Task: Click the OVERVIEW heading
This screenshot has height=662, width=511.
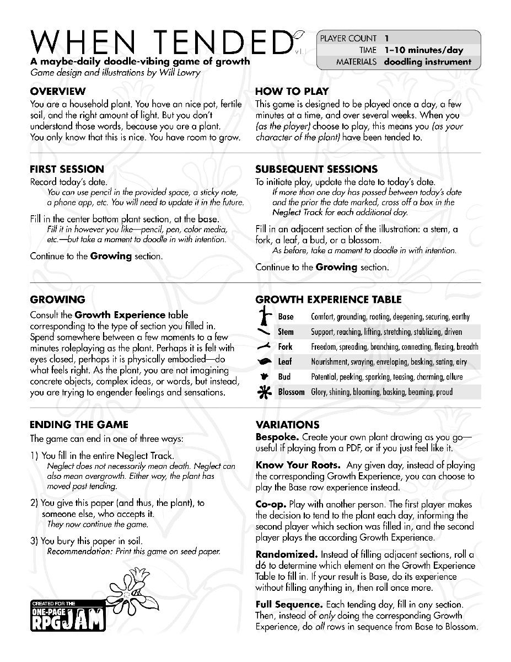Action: click(58, 91)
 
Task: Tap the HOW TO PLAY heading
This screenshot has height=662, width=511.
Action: click(292, 91)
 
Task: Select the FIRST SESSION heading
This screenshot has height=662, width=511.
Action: click(67, 169)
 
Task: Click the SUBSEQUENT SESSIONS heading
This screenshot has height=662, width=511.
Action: click(316, 169)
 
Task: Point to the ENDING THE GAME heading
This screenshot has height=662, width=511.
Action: click(79, 424)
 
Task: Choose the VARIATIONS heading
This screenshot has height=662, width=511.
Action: click(287, 425)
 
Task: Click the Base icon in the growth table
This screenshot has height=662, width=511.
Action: click(266, 316)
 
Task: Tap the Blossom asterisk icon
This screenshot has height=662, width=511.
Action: click(265, 392)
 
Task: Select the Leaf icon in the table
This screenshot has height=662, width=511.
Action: click(265, 362)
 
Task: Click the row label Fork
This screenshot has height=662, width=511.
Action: click(286, 347)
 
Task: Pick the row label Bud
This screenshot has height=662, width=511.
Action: click(284, 377)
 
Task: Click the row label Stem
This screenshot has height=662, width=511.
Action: click(286, 332)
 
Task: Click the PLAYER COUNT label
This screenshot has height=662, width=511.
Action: click(348, 39)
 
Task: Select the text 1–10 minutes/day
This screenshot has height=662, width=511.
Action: click(424, 50)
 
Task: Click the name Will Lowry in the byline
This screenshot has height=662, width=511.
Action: click(181, 72)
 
